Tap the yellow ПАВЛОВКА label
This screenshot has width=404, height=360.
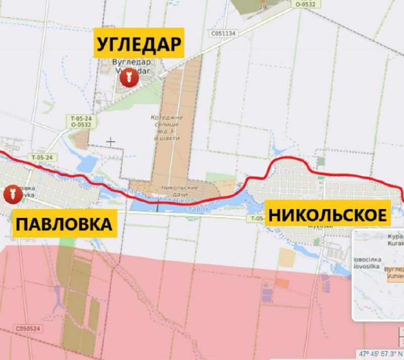64,224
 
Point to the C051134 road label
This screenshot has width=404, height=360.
224,34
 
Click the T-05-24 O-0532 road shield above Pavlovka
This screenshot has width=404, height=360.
81,121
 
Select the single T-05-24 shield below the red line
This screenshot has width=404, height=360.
41,158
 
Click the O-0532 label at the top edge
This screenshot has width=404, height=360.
306,4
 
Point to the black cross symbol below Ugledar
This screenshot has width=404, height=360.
111,142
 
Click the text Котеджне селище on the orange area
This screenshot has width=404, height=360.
167,121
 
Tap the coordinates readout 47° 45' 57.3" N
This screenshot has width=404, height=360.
380,353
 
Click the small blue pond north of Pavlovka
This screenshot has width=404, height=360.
88,164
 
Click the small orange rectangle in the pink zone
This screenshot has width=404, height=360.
282,284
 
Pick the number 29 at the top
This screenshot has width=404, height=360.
263,7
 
